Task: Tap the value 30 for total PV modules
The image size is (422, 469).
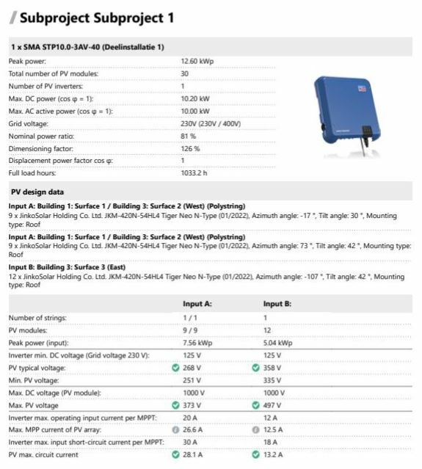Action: point(184,73)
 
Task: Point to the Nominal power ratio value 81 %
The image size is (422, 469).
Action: point(189,136)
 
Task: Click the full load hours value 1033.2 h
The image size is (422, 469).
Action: point(194,173)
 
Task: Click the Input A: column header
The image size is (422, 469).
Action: point(197,303)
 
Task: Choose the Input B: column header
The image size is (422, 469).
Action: point(277,303)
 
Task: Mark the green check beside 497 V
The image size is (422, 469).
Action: point(255,405)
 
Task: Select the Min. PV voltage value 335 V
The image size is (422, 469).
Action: point(274,379)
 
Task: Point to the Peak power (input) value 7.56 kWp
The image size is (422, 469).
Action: point(197,342)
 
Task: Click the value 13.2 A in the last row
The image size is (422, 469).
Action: point(274,455)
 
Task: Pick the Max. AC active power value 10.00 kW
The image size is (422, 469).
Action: point(194,111)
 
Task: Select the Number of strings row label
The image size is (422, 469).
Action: point(37,317)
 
